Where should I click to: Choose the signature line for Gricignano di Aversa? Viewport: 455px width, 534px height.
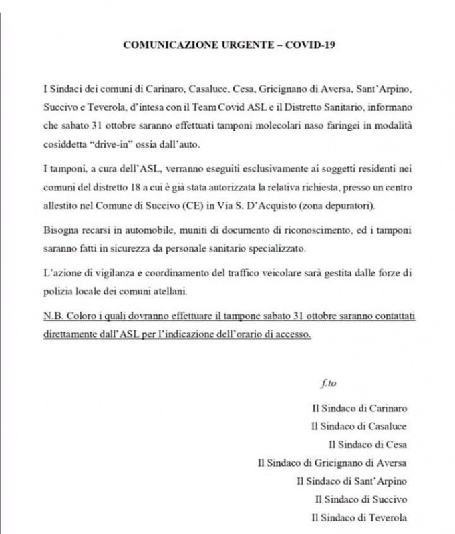click(332, 463)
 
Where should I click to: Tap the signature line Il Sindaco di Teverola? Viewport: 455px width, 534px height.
click(359, 517)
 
